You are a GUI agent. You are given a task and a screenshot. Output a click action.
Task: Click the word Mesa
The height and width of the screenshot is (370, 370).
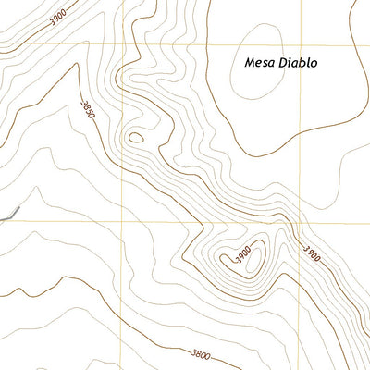coord(261,64)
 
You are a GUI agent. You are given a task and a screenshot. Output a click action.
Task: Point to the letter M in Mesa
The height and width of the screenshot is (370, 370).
coord(251,64)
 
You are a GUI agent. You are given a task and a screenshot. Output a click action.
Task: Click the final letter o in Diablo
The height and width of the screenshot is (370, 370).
coord(314,64)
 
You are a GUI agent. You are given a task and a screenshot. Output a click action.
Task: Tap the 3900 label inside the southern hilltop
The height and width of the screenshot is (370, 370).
coord(242,256)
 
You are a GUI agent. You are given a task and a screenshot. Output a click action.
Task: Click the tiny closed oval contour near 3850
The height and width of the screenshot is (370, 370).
coord(136,139)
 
